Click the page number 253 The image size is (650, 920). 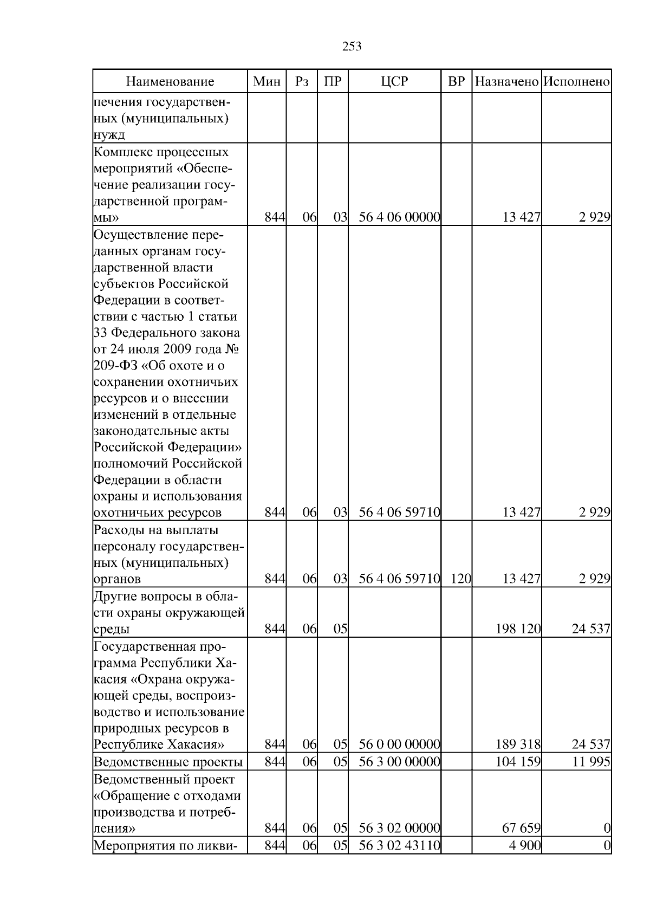click(x=352, y=47)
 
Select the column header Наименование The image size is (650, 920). click(x=170, y=82)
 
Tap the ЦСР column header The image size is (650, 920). click(x=394, y=82)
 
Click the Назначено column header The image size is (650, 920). click(x=506, y=82)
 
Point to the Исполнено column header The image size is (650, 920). click(x=577, y=82)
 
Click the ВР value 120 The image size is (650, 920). click(x=460, y=579)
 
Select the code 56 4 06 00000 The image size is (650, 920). click(x=399, y=218)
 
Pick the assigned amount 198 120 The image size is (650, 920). click(x=518, y=629)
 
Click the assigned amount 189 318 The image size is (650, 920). click(x=518, y=744)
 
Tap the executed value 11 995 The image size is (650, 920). click(x=591, y=762)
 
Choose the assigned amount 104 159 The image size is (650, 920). click(x=518, y=762)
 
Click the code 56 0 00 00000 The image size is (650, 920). click(x=399, y=744)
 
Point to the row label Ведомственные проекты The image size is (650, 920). click(x=168, y=762)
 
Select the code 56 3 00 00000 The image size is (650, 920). click(x=399, y=762)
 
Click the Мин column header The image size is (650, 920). click(x=267, y=82)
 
